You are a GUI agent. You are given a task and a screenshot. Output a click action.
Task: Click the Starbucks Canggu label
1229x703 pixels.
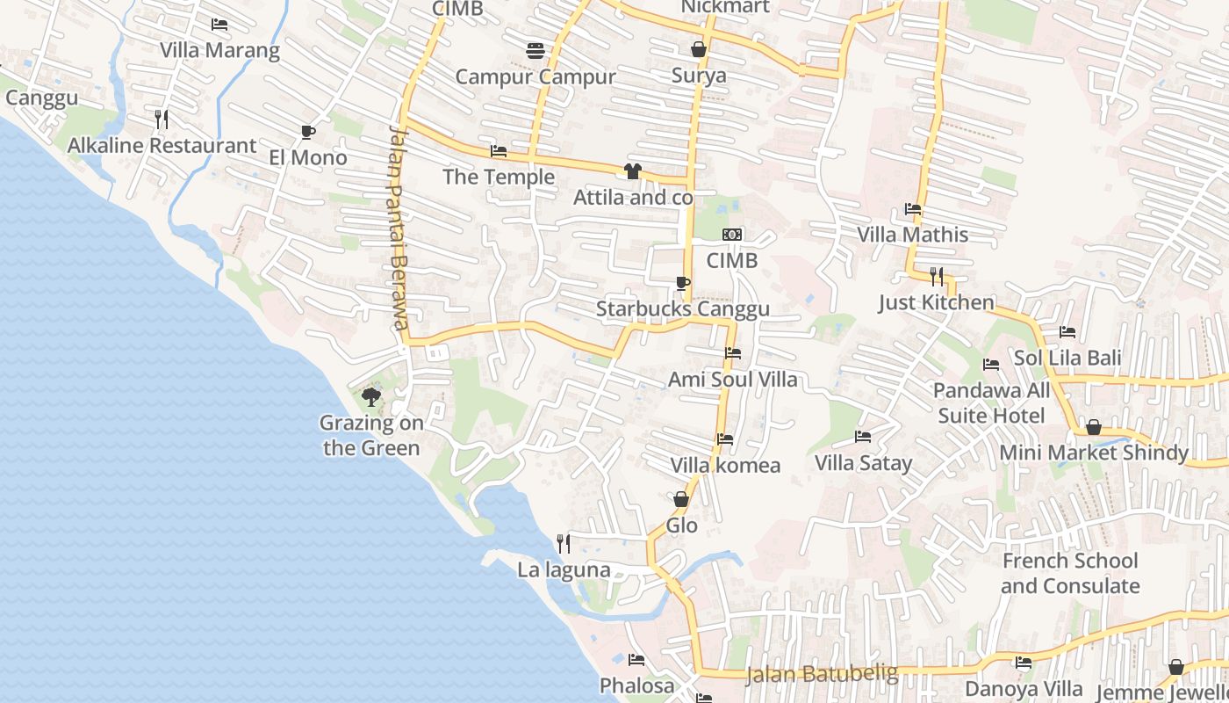click(682, 308)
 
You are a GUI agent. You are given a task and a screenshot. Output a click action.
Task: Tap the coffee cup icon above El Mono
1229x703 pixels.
click(307, 132)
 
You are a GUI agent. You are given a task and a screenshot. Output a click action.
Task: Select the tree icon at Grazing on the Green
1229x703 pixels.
click(371, 396)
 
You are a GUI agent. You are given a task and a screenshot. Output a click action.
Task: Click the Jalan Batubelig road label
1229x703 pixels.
click(822, 674)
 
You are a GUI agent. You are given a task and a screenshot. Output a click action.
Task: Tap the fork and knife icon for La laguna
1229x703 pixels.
click(563, 544)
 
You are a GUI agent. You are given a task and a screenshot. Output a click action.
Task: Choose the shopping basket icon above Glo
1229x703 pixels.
click(681, 499)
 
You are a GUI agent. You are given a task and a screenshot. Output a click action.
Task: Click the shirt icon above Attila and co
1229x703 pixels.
click(632, 170)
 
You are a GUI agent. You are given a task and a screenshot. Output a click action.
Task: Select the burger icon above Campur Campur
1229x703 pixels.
click(535, 50)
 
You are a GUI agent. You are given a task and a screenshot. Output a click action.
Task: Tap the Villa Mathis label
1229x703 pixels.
click(913, 235)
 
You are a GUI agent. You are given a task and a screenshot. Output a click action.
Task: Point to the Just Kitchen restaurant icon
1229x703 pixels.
click(937, 277)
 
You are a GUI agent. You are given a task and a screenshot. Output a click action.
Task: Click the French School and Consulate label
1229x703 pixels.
click(1070, 573)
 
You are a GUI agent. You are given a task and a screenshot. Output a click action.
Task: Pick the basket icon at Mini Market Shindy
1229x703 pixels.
click(1094, 427)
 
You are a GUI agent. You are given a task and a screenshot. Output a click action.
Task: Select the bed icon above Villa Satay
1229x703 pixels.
click(863, 437)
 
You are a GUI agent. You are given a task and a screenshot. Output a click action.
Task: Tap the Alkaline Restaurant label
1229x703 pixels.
click(162, 145)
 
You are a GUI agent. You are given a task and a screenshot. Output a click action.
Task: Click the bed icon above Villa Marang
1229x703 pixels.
click(219, 24)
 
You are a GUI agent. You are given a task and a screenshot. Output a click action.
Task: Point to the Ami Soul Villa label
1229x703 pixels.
click(733, 379)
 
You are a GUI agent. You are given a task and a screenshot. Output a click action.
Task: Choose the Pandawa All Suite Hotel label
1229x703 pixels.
click(991, 402)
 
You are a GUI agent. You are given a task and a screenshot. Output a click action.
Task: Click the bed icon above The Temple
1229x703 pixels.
click(499, 151)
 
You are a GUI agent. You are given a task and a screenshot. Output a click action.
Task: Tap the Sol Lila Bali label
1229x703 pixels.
click(1067, 358)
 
